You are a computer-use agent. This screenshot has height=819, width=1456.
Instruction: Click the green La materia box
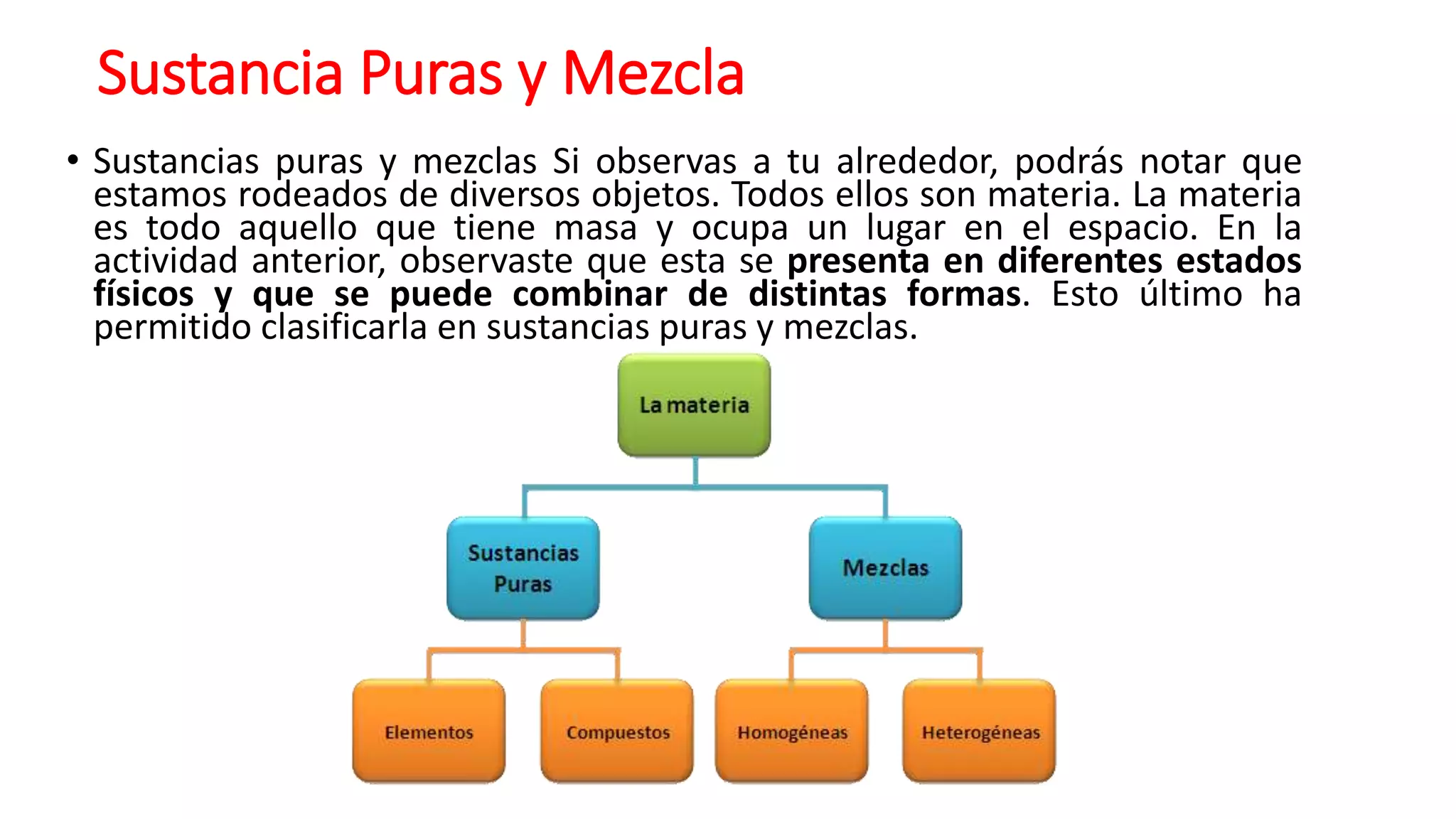click(x=694, y=405)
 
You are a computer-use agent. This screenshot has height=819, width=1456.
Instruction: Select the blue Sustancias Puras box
click(x=523, y=568)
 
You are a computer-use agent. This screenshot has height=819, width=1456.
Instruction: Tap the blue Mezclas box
click(x=885, y=568)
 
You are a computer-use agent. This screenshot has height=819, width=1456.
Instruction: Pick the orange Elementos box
click(x=429, y=732)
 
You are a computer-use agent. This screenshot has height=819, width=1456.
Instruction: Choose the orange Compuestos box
click(x=617, y=732)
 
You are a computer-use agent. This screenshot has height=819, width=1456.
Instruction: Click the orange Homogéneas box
click(x=792, y=732)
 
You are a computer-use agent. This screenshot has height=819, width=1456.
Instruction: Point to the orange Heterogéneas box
click(x=980, y=732)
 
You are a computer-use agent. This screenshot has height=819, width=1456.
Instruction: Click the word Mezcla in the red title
click(x=653, y=73)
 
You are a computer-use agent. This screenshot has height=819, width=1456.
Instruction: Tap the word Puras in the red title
click(x=432, y=73)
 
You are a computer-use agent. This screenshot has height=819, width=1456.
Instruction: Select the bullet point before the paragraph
click(x=73, y=161)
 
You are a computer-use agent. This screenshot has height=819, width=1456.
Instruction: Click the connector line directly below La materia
click(x=695, y=471)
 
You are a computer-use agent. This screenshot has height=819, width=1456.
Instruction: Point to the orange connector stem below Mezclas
click(x=885, y=633)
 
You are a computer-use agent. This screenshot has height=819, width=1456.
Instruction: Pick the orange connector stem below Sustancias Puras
click(x=523, y=633)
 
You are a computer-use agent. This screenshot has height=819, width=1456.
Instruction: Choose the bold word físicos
click(x=144, y=294)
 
